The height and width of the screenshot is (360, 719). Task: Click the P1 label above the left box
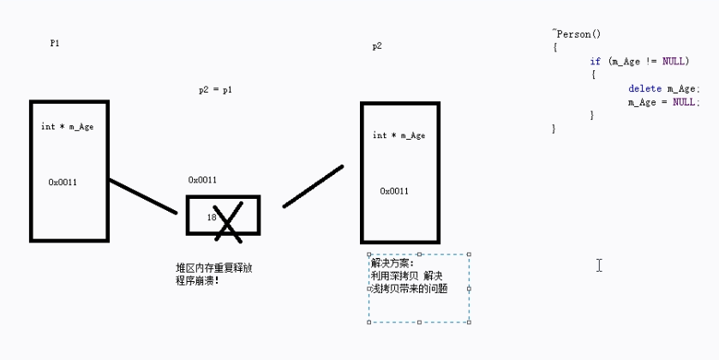(x=55, y=43)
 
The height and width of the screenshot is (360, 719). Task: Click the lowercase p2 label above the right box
(x=377, y=46)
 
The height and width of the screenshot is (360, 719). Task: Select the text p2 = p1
(x=215, y=89)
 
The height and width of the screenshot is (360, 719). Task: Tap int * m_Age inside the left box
(x=68, y=127)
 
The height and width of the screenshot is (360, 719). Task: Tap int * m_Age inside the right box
(x=398, y=135)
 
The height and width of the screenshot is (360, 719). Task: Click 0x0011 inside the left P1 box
(x=63, y=182)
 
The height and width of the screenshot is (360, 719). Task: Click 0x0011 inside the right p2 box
(x=394, y=191)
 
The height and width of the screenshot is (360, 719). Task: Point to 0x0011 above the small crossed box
(x=202, y=180)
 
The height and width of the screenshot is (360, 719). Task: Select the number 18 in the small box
(x=211, y=218)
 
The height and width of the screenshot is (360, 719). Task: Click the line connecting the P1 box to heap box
(x=142, y=196)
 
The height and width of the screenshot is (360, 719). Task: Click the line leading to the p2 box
(x=313, y=187)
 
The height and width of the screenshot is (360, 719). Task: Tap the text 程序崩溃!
(x=197, y=280)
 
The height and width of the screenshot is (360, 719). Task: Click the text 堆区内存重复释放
(x=213, y=268)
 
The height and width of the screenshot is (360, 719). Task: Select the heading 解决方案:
(x=392, y=263)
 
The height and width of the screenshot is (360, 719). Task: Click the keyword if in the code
(x=595, y=62)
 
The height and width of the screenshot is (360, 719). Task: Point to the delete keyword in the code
(x=644, y=88)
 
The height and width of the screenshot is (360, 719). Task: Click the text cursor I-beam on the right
(x=599, y=265)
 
